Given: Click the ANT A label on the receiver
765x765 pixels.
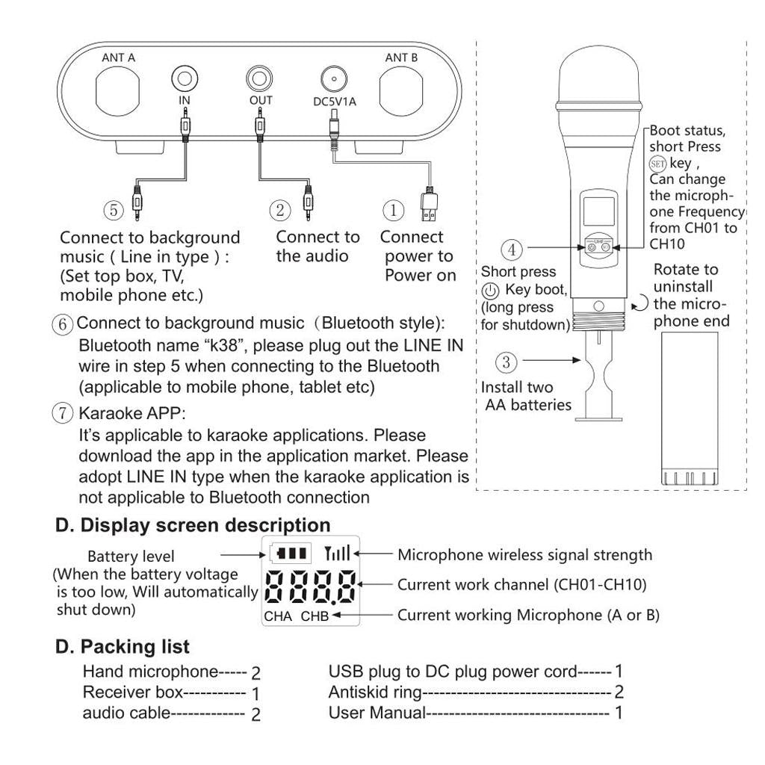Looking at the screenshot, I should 118,58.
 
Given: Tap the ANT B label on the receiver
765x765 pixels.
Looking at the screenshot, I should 401,58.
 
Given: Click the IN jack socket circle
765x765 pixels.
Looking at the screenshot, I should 185,78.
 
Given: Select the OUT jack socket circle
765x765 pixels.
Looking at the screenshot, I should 260,78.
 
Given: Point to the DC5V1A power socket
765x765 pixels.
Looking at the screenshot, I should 334,78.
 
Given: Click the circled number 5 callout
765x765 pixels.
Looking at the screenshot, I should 114,210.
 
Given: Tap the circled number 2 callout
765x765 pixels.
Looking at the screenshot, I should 280,210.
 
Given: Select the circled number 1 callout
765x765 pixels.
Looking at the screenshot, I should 394,210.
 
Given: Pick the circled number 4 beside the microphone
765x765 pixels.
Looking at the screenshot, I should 512,249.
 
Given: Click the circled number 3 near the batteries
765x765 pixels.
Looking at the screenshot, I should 507,363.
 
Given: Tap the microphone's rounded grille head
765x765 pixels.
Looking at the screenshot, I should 598,75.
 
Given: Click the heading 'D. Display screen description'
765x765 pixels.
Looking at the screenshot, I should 193,524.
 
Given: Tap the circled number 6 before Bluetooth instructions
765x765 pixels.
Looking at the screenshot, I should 64,324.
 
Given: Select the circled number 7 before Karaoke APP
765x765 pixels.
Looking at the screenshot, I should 64,413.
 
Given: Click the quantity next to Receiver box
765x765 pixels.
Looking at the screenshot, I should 255,694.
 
